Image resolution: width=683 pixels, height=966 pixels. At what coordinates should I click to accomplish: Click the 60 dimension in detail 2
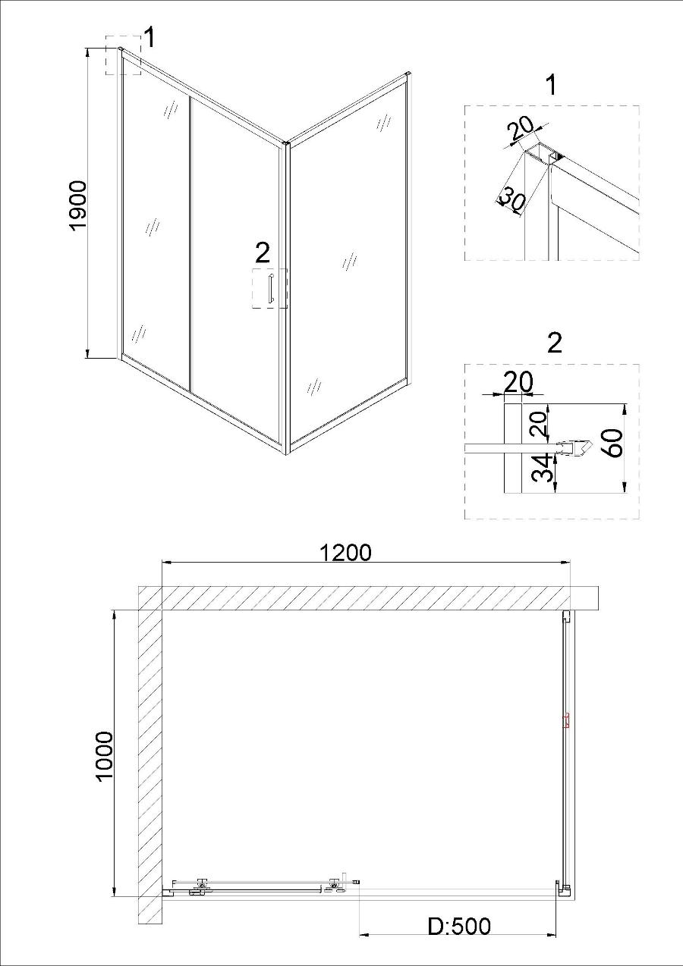(613, 443)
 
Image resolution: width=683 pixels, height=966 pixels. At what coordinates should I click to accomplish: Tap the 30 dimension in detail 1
(512, 200)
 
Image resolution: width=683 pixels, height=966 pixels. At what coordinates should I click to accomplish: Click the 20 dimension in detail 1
(521, 130)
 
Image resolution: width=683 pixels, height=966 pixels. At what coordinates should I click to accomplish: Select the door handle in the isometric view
(270, 288)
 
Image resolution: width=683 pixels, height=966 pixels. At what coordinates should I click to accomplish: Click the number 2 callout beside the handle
(263, 252)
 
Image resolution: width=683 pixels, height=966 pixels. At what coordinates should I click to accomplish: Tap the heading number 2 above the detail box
(554, 343)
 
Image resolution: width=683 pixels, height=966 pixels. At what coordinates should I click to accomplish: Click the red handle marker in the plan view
(567, 720)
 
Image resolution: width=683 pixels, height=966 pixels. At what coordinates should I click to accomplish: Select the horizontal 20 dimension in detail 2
(518, 381)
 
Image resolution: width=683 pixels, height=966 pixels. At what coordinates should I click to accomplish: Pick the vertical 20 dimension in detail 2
(540, 422)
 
